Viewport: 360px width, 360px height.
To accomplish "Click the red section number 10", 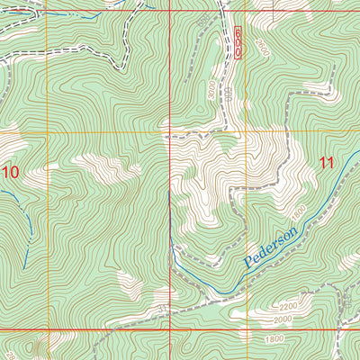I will [11, 171].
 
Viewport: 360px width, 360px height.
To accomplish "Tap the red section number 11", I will [326, 163].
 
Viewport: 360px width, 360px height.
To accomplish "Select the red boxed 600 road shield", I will [238, 42].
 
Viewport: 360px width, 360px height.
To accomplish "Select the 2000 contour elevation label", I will [283, 319].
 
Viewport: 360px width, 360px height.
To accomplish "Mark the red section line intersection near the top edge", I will [171, 11].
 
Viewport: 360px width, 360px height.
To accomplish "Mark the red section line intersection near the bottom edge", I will [171, 330].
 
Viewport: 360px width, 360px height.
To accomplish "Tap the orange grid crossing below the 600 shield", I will [246, 133].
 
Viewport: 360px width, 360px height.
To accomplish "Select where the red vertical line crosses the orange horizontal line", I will [171, 133].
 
